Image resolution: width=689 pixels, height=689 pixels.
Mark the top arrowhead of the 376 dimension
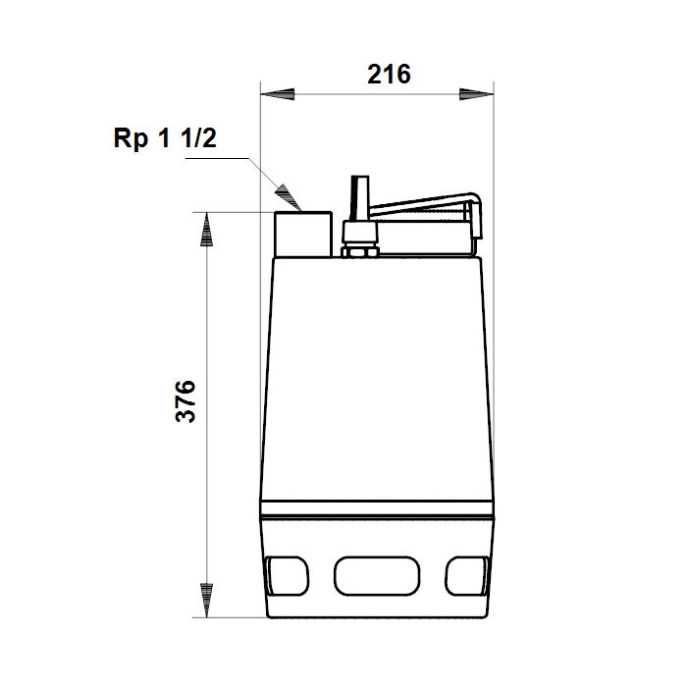tap(206, 229)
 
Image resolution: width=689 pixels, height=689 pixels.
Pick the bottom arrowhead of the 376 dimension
tap(206, 601)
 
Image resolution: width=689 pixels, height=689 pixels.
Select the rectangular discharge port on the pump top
tap(302, 234)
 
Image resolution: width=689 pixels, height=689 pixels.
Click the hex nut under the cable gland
tap(358, 250)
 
